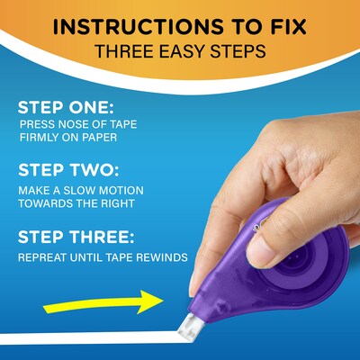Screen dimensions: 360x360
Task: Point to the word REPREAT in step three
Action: point(44,257)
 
